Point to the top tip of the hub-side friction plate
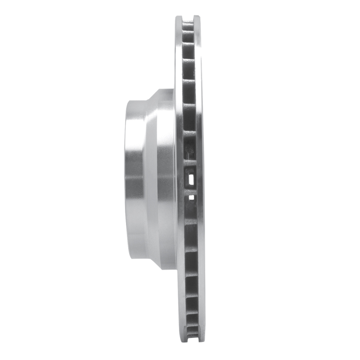179,18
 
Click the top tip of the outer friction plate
197,18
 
